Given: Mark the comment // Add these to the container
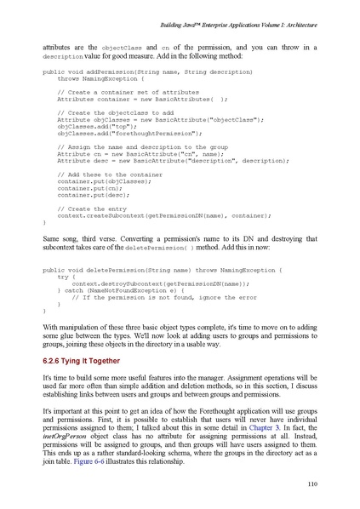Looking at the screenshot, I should pos(106,174).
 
